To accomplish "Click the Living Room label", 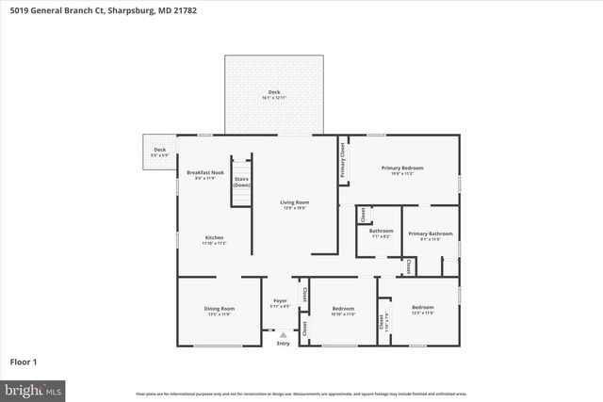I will (x=294, y=202).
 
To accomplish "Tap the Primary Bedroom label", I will (x=402, y=168).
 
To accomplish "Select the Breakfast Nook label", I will (x=204, y=172).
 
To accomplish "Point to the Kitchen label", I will (x=214, y=237).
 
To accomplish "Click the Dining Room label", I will (x=219, y=308).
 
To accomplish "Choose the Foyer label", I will (x=280, y=302).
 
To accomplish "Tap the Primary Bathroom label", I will (x=430, y=233).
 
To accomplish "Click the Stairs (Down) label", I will (x=241, y=181).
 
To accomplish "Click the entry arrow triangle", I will (x=283, y=334).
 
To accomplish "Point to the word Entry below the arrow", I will (x=283, y=343).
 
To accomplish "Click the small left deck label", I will (x=160, y=150).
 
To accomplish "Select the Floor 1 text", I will (x=23, y=361).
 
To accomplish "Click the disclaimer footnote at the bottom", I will (x=301, y=394).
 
